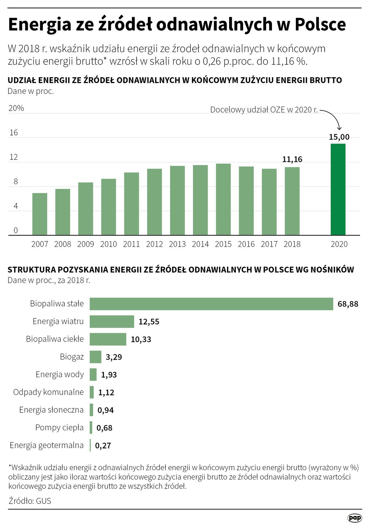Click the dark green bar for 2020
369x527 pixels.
[x=338, y=189]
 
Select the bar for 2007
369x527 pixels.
[x=40, y=214]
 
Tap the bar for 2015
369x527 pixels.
[x=223, y=199]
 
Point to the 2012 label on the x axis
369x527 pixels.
[x=154, y=244]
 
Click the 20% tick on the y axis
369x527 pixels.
[x=16, y=108]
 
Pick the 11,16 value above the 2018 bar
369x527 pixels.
[x=292, y=159]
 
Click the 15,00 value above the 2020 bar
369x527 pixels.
[x=339, y=137]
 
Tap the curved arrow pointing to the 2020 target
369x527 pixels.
[x=333, y=117]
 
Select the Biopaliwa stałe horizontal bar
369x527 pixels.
[x=211, y=304]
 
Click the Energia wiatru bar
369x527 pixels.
[x=112, y=322]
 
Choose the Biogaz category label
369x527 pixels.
[x=72, y=357]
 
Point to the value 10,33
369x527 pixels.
[x=141, y=339]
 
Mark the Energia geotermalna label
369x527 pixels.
[x=46, y=445]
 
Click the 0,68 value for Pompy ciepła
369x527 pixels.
[x=104, y=428]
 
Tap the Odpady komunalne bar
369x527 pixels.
[x=92, y=392]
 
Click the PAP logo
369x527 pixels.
[x=354, y=518]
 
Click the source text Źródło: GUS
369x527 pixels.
[x=30, y=501]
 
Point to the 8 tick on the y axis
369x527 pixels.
[x=15, y=182]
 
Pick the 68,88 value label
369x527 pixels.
[x=348, y=304]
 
